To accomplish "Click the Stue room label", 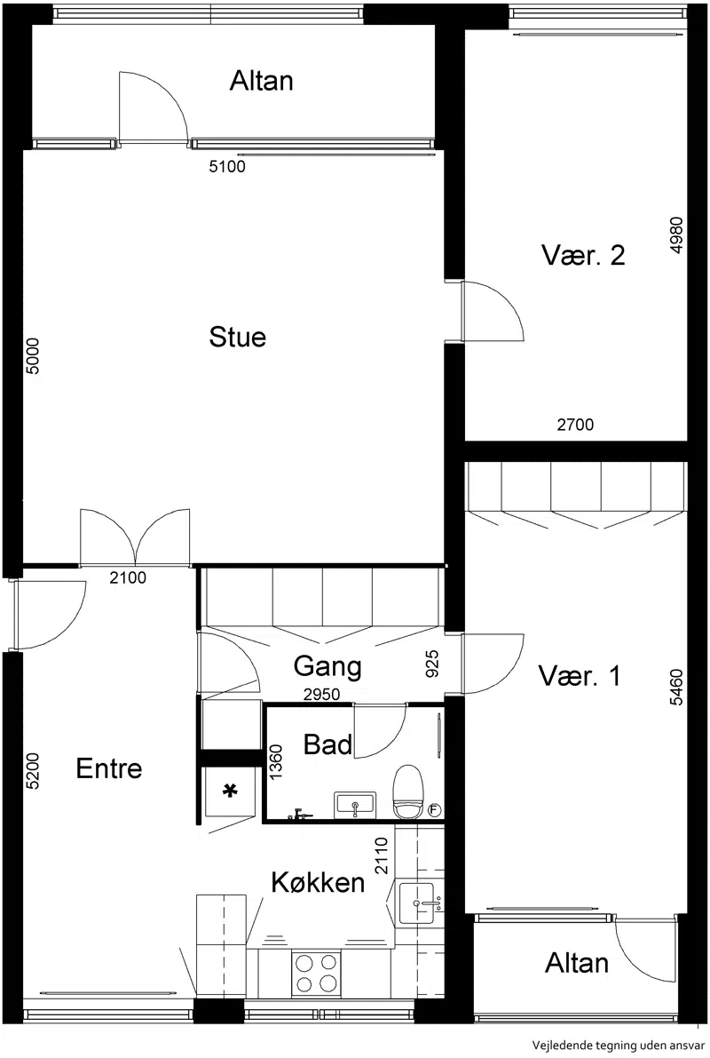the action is coord(237,337).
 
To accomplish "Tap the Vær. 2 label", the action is coord(583,255).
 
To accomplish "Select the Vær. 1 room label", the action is coord(580,675).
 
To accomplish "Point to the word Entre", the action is coord(109,768).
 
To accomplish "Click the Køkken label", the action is coord(319,882).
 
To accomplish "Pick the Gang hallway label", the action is coord(327,667).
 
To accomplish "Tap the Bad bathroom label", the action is coord(327,744).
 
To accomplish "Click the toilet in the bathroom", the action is coord(408,792).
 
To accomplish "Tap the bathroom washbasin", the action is coord(355,804).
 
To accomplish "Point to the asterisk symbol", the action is coord(231,791).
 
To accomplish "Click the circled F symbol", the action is coord(435,809).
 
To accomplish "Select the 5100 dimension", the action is coord(227,167).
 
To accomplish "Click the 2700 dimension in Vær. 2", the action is coord(575,425).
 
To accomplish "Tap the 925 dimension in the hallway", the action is coord(433,664).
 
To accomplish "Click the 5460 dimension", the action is coord(676,688).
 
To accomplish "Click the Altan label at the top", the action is coord(262,81).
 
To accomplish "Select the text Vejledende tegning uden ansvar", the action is coord(618,1046).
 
